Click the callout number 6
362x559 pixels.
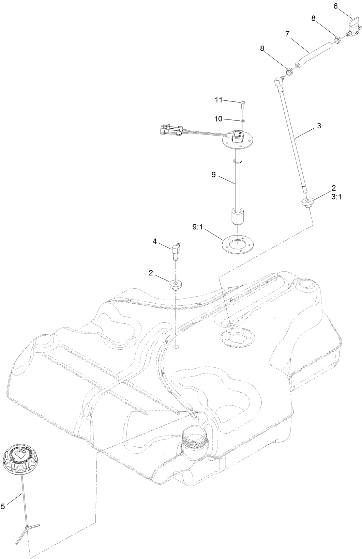click(x=335, y=6)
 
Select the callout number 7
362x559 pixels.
click(x=287, y=34)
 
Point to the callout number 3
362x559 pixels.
click(x=319, y=125)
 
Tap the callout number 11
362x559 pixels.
click(x=218, y=100)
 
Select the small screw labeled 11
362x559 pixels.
click(x=242, y=103)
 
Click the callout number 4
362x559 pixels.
click(x=155, y=241)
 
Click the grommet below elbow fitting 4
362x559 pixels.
click(x=176, y=284)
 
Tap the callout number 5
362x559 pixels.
click(x=3, y=507)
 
